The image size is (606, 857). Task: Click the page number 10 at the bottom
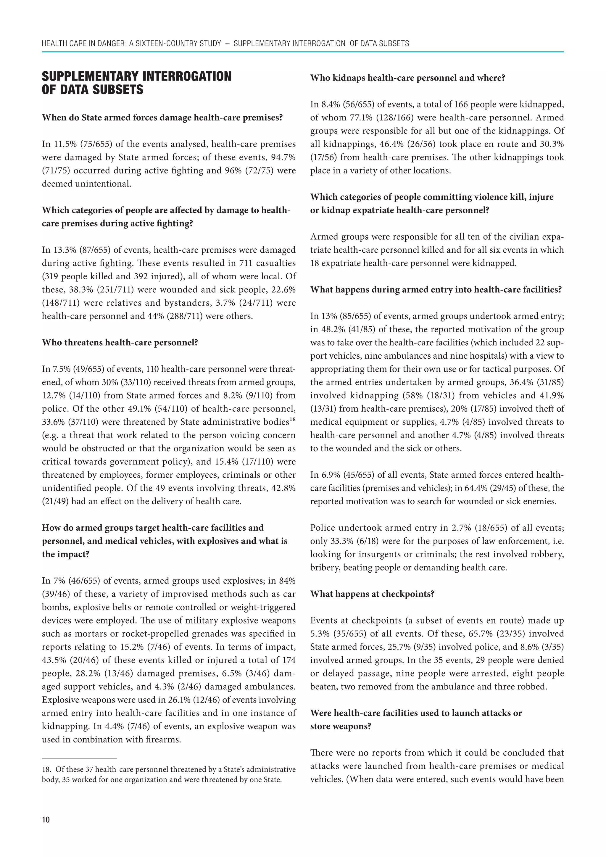pyautogui.click(x=46, y=820)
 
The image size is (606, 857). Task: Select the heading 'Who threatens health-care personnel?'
pyautogui.click(x=120, y=342)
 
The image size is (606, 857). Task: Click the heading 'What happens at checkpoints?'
pyautogui.click(x=372, y=594)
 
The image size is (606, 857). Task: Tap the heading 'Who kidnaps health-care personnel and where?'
pyautogui.click(x=407, y=78)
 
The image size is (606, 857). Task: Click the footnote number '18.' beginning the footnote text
pyautogui.click(x=47, y=769)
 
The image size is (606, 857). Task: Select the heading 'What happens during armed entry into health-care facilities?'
pyautogui.click(x=436, y=290)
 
